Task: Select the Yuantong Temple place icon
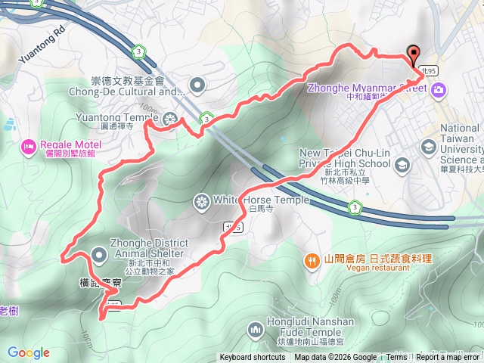[172, 118]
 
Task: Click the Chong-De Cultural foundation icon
[197, 85]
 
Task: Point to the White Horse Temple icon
[201, 200]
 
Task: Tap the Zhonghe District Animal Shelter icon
[100, 253]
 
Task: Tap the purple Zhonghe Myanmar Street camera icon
[439, 90]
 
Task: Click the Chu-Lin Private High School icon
[402, 163]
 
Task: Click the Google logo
[29, 352]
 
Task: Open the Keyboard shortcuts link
[253, 358]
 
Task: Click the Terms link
[396, 358]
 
